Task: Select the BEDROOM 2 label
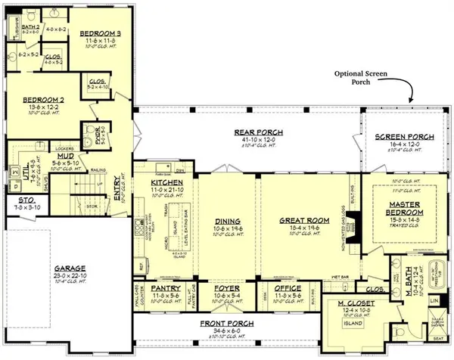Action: click(35, 99)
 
